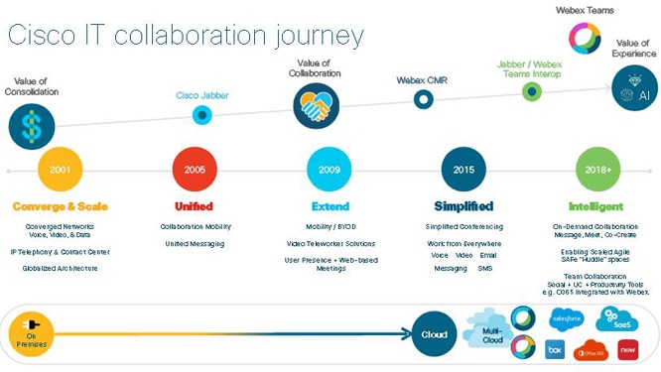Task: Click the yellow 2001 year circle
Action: tap(60, 170)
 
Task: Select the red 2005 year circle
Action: tap(195, 170)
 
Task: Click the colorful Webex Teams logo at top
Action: tap(586, 38)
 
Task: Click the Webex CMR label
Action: tap(423, 79)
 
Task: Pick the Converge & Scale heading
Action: tap(60, 206)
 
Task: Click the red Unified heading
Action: tap(195, 206)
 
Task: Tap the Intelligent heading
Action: tap(595, 206)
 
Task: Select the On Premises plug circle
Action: tap(29, 334)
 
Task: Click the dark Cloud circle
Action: tap(433, 334)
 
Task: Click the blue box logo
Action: tap(555, 349)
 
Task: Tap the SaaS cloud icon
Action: tap(616, 319)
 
